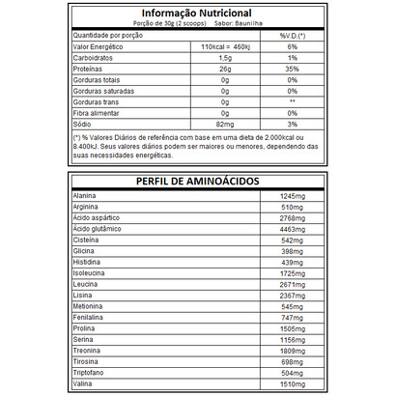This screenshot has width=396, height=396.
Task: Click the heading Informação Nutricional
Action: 197,13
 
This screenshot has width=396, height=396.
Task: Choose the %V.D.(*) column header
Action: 293,35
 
